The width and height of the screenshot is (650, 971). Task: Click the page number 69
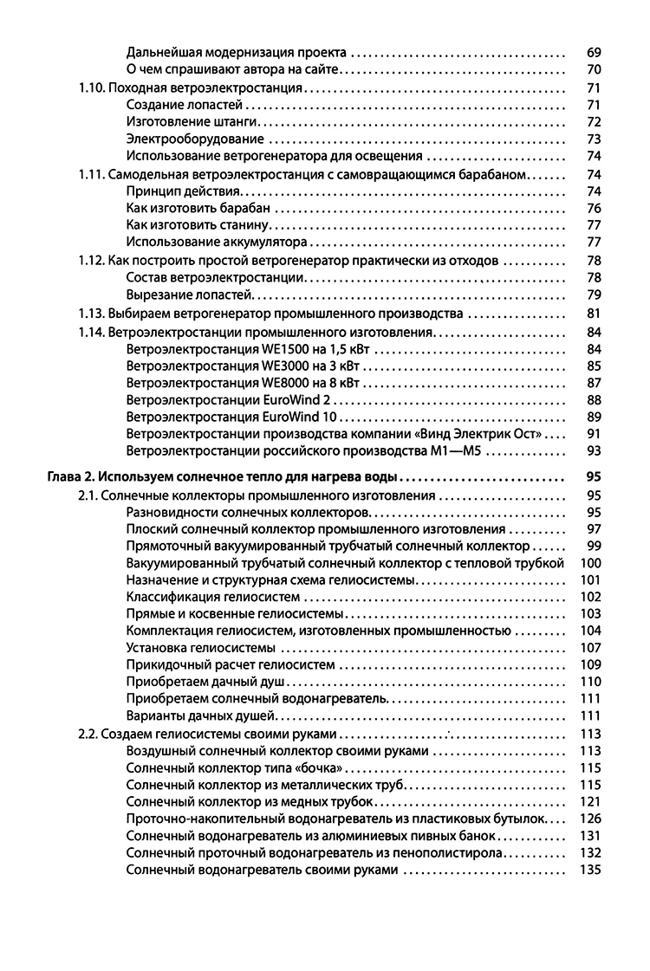click(594, 52)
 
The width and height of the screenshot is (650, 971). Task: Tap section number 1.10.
click(91, 87)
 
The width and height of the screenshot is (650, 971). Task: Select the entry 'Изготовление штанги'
click(181, 121)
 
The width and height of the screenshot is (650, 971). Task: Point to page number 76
click(594, 208)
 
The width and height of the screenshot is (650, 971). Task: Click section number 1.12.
click(91, 261)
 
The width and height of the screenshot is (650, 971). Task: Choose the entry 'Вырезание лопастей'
click(183, 295)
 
